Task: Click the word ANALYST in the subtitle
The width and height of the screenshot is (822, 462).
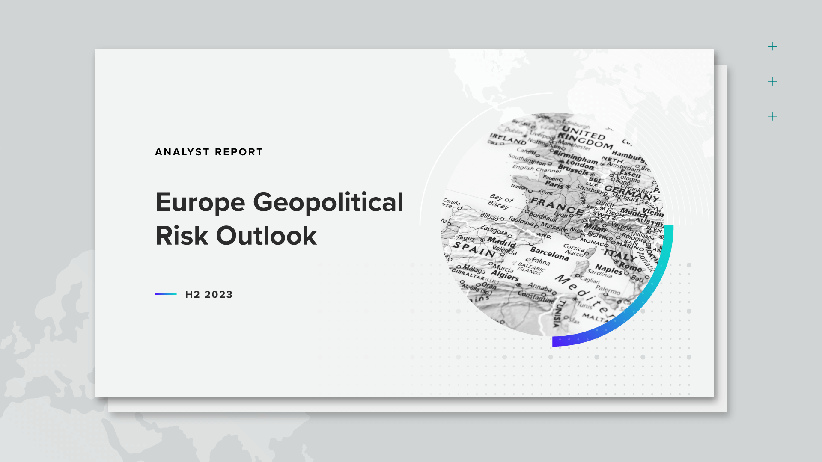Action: [182, 152]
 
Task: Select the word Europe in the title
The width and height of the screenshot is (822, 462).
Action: [200, 202]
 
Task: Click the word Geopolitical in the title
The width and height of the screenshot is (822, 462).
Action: [328, 202]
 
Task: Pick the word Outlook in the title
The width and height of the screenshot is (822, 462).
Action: [266, 236]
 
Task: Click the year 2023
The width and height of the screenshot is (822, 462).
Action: [218, 295]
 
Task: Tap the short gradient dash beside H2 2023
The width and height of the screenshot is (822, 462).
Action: [166, 294]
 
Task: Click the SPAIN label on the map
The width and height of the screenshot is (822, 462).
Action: [474, 249]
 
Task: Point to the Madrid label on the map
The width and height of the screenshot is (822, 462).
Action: [501, 242]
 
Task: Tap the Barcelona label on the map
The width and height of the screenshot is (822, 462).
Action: [549, 253]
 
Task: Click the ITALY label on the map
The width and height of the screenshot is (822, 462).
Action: [620, 255]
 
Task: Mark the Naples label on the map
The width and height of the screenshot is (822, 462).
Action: [608, 269]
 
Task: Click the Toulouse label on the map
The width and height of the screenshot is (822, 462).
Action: [521, 221]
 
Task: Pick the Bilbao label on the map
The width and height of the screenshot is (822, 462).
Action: [489, 217]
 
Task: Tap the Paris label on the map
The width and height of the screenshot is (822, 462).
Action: [554, 185]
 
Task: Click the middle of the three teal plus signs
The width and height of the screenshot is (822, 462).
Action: [772, 81]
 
